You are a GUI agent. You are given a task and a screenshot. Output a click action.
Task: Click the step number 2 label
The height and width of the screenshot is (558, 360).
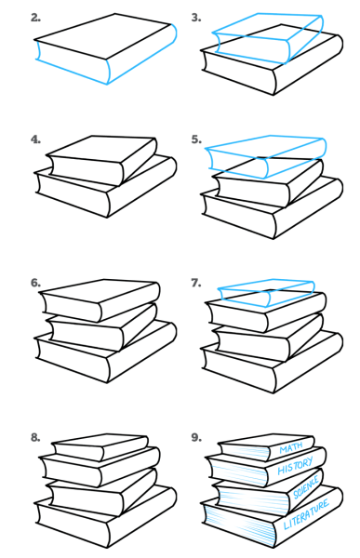coord(35,18)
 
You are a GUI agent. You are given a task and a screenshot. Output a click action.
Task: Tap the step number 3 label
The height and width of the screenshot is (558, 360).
coord(196,18)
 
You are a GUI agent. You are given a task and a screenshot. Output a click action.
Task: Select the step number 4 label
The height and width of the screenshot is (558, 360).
coord(35,139)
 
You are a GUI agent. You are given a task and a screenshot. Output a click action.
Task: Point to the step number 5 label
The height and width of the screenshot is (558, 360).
coord(196,139)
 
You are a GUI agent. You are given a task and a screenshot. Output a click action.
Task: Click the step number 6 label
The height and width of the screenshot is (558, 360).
coord(35,283)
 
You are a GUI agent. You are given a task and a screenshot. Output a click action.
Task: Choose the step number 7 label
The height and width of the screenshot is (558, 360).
coord(196,283)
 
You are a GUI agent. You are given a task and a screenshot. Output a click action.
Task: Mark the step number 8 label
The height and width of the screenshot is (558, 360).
coord(35,437)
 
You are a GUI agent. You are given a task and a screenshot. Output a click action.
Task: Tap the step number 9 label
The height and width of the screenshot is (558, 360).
coord(196,437)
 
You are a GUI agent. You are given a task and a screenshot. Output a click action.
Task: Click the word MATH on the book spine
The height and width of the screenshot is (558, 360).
coord(291,447)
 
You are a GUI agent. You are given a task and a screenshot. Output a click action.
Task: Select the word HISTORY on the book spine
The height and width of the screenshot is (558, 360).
coord(295,466)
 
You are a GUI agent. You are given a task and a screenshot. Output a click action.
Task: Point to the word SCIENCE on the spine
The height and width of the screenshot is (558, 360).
coord(305,486)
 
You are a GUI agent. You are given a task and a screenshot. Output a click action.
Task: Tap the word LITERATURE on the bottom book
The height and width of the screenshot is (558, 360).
coord(306,514)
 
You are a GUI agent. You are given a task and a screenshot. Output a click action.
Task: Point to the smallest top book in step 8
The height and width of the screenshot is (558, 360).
coord(100,446)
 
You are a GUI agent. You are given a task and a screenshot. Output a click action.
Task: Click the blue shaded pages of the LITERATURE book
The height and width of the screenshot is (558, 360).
coord(239,525)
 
